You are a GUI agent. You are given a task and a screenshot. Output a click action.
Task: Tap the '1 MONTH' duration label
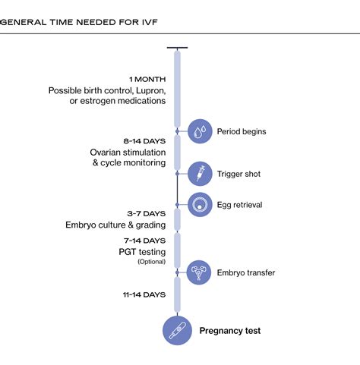pyautogui.click(x=147, y=79)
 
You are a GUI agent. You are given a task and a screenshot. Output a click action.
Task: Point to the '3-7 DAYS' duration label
pyautogui.click(x=146, y=213)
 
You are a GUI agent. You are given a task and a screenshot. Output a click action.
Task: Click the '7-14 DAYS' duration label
pyautogui.click(x=144, y=239)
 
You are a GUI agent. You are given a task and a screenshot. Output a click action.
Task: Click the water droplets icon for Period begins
pyautogui.click(x=200, y=131)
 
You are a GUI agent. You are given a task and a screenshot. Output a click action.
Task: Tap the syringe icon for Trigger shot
pyautogui.click(x=200, y=174)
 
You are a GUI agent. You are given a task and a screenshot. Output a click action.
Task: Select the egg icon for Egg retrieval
pyautogui.click(x=200, y=203)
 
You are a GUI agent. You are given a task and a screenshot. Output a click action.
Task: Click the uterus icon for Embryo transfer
pyautogui.click(x=200, y=272)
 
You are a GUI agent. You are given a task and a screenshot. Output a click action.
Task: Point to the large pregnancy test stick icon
pyautogui.click(x=177, y=331)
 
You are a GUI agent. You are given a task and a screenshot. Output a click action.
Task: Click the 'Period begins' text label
pyautogui.click(x=242, y=131)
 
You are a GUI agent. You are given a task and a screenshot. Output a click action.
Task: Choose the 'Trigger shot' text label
pyautogui.click(x=238, y=174)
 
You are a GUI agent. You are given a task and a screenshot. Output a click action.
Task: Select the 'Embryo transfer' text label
pyautogui.click(x=246, y=272)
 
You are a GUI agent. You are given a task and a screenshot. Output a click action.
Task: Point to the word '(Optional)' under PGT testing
pyautogui.click(x=151, y=262)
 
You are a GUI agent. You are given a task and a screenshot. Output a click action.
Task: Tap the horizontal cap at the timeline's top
pyautogui.click(x=177, y=48)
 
